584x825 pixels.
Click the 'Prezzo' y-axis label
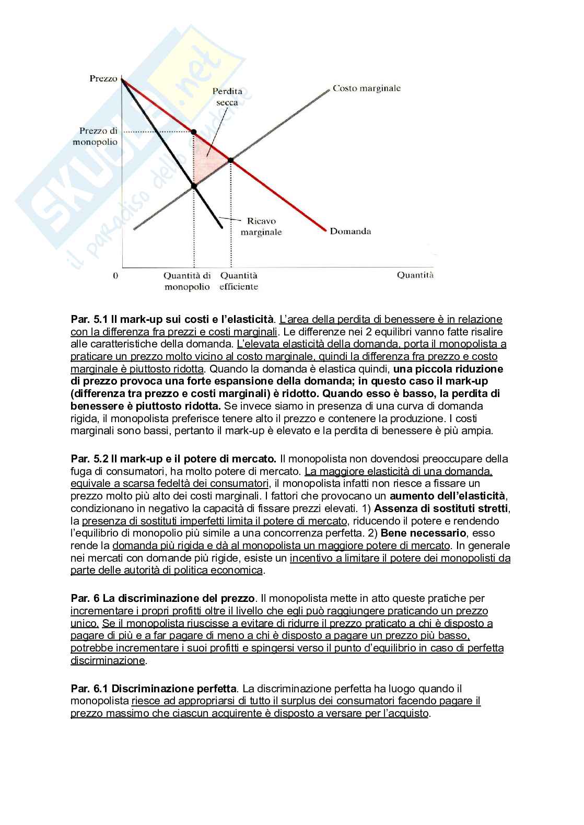tap(103, 78)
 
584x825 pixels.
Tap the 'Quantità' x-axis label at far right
tap(415, 275)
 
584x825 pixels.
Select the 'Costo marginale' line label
tap(366, 88)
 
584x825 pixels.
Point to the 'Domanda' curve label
tap(350, 231)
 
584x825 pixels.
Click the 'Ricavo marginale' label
tap(261, 226)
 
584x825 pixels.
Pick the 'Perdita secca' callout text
tap(227, 97)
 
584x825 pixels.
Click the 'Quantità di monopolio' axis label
tap(187, 281)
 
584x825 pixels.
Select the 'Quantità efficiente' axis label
tap(239, 281)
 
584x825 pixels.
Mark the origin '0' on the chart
tap(115, 275)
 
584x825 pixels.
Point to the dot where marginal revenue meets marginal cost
tap(194, 185)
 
